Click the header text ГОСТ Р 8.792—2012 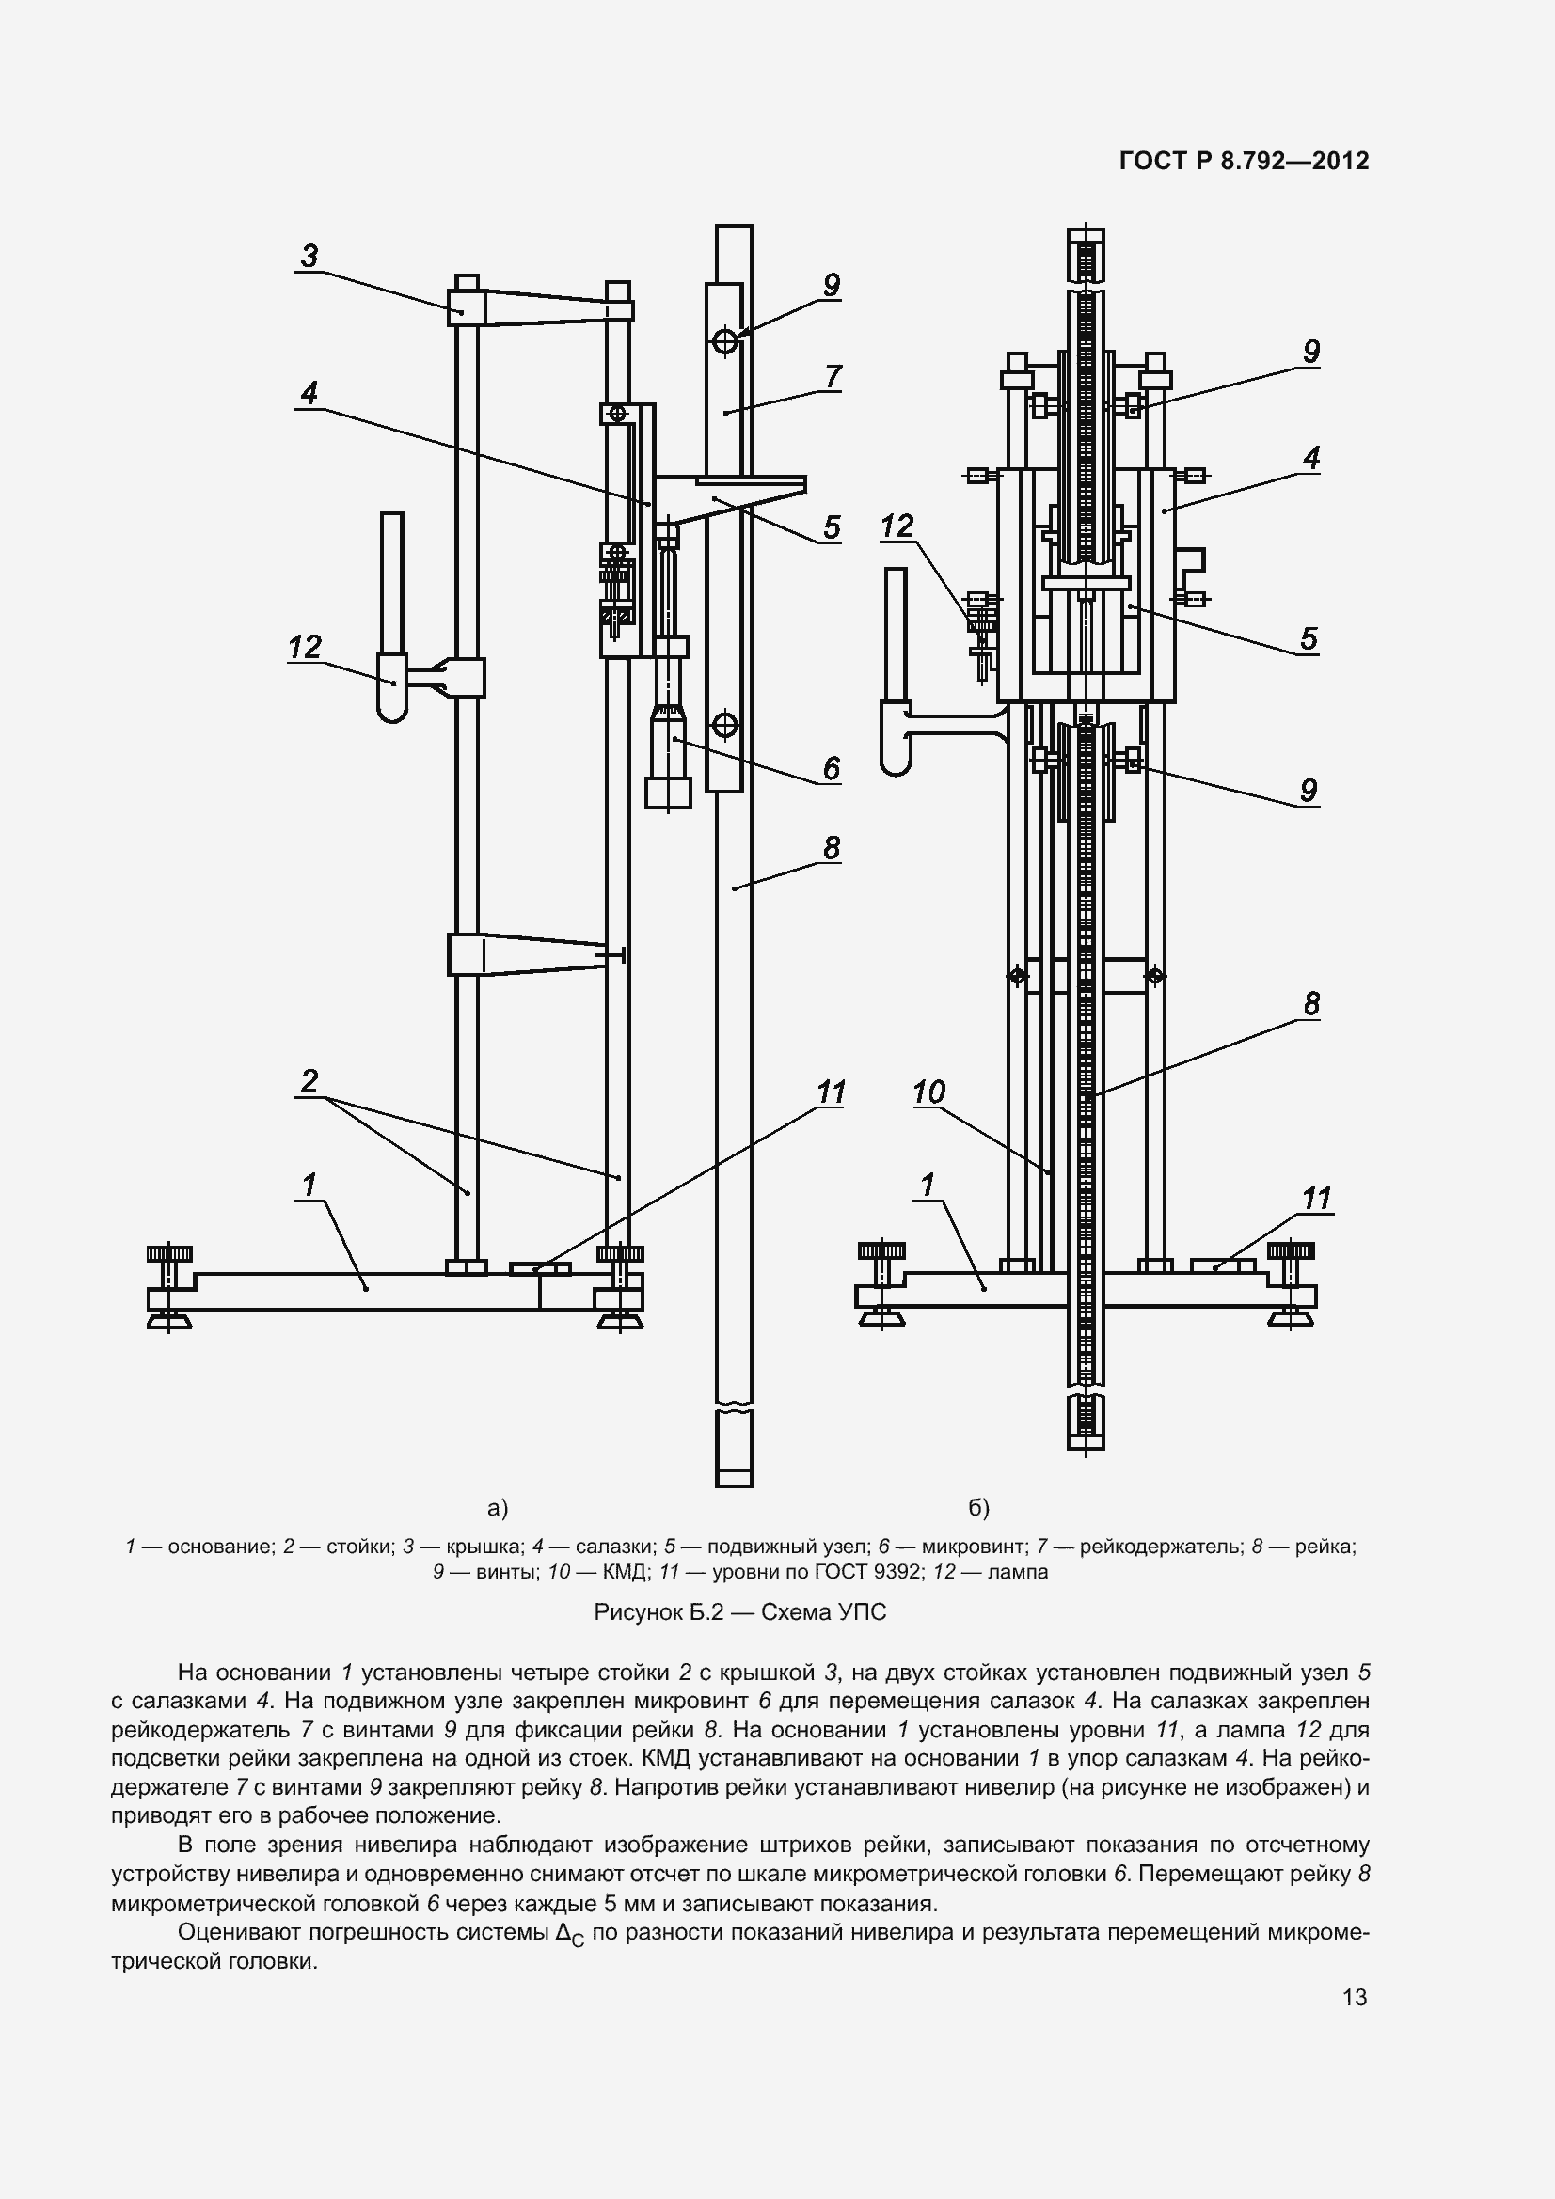(1244, 161)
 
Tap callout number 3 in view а (309, 256)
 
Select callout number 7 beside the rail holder (833, 376)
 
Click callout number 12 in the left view (305, 647)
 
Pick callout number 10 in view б (928, 1091)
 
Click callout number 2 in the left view (309, 1081)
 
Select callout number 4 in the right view (1310, 457)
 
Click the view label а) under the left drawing (498, 1508)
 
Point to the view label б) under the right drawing (978, 1508)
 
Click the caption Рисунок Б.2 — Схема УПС (739, 1612)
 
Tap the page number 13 (1355, 1997)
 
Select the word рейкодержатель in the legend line (1160, 1546)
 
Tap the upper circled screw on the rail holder (724, 340)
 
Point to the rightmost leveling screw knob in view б (1291, 1250)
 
